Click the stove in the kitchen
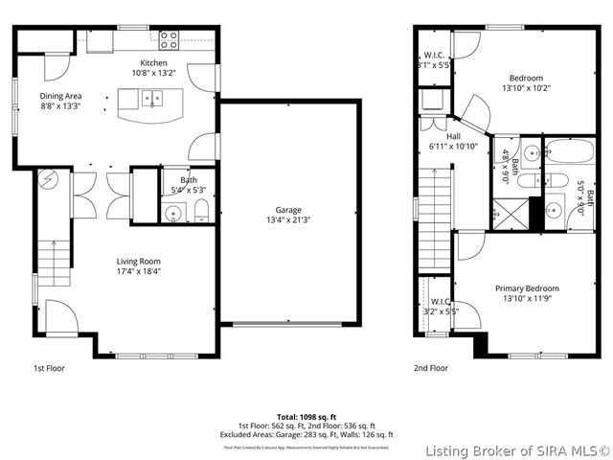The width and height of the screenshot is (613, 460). (169, 39)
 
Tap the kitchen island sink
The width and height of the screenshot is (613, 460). (152, 98)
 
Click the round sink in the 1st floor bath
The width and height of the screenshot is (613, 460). (172, 213)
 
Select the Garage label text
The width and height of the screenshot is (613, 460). (288, 210)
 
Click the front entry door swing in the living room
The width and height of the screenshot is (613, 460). (57, 315)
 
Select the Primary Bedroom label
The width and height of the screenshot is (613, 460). (527, 287)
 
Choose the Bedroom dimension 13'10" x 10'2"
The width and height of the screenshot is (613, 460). (526, 88)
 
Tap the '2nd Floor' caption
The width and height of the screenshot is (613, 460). (431, 367)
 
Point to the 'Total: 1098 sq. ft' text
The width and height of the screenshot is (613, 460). (306, 417)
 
